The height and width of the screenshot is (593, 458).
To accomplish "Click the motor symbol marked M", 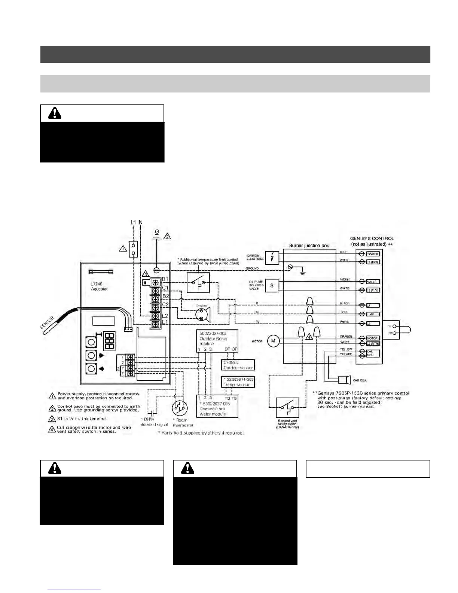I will (x=274, y=341).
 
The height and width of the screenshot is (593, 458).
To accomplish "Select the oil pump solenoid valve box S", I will (x=272, y=286).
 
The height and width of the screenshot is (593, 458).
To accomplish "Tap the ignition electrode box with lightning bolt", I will (x=272, y=258).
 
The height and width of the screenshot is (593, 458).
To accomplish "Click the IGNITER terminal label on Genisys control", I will (x=372, y=254).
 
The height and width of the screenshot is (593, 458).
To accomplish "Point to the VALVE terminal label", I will (x=372, y=282).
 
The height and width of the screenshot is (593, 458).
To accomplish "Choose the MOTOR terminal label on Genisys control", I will (x=372, y=338).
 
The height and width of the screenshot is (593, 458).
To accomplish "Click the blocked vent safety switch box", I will (x=287, y=408).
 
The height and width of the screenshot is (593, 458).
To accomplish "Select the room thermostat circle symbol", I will (x=180, y=408).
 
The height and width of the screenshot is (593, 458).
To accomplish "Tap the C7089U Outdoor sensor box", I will (x=238, y=365).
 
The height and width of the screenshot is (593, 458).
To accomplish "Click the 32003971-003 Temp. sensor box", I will (x=238, y=382).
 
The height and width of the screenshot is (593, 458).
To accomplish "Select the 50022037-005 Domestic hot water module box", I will (x=217, y=407).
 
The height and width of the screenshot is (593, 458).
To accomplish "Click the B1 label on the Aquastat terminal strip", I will (x=165, y=279).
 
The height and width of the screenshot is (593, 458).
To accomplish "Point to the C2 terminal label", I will (x=165, y=305).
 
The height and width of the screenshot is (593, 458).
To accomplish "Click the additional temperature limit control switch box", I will (x=198, y=283).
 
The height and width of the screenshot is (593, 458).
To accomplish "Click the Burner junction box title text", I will (x=309, y=246).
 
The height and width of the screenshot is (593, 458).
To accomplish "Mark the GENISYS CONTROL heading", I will (x=372, y=238).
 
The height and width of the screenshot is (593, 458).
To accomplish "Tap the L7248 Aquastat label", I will (x=99, y=286).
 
